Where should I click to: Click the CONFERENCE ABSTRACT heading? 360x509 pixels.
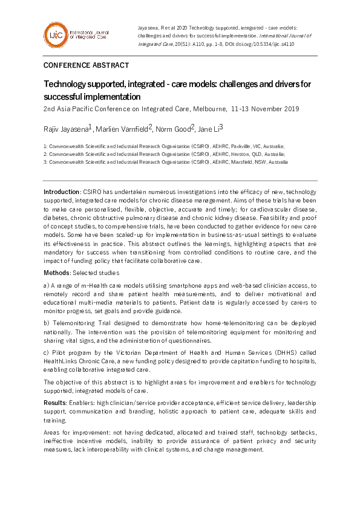(x=86, y=65)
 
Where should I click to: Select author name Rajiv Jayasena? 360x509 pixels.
(x=65, y=128)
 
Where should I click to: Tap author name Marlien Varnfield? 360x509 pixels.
(x=123, y=128)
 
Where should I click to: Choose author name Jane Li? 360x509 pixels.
(x=209, y=128)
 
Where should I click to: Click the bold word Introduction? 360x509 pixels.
(x=61, y=192)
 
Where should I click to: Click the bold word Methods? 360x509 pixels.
(x=56, y=273)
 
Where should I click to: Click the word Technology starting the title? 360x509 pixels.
(x=66, y=84)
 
